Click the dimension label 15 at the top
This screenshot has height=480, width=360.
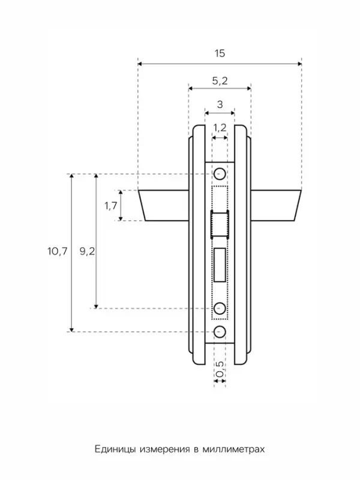(x=220, y=53)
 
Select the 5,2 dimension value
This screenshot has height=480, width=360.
(x=220, y=81)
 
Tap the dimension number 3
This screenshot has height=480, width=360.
(x=220, y=104)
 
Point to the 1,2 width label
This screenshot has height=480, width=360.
(x=220, y=127)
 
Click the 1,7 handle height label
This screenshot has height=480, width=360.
(x=111, y=206)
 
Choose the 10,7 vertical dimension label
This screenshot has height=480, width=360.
(x=57, y=251)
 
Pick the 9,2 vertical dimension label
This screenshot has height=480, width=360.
(x=87, y=251)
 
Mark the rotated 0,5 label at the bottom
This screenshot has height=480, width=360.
(x=220, y=369)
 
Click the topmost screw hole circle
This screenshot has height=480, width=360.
(x=220, y=174)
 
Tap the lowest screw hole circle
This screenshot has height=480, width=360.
(x=220, y=332)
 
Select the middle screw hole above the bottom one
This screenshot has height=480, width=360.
(x=220, y=308)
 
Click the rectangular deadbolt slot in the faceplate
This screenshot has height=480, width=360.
(x=220, y=265)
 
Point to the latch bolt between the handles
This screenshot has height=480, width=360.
(x=220, y=224)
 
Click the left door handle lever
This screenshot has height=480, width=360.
(x=164, y=205)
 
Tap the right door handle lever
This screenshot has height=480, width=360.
(x=275, y=205)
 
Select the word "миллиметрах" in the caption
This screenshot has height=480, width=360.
(x=233, y=449)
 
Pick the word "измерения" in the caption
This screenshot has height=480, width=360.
(x=164, y=449)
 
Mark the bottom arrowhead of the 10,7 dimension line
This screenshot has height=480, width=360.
(x=71, y=329)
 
